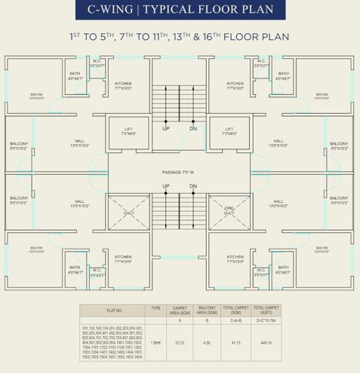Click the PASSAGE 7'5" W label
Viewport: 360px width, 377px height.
click(180, 173)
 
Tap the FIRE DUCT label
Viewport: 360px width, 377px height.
click(229, 211)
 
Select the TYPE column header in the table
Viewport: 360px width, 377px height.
click(156, 308)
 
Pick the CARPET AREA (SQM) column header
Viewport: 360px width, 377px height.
click(179, 310)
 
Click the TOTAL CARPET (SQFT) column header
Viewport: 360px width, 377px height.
click(264, 310)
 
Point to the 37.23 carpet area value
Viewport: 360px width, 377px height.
click(179, 343)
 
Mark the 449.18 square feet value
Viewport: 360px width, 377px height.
click(264, 343)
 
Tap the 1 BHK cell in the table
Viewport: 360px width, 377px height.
click(156, 343)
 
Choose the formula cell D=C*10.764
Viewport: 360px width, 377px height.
click(264, 320)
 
